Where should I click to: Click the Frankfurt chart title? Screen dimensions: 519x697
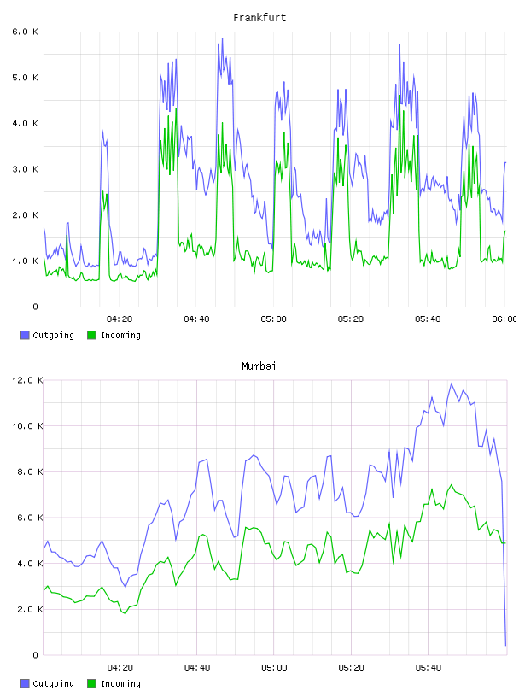click(x=259, y=18)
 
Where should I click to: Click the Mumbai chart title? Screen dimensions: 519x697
click(x=259, y=366)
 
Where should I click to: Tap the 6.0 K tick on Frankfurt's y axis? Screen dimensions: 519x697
click(x=26, y=32)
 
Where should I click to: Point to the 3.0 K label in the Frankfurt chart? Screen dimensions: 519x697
click(x=26, y=169)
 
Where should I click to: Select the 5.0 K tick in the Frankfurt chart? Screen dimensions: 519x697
click(x=26, y=78)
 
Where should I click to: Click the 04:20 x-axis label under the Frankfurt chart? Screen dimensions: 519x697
click(x=120, y=319)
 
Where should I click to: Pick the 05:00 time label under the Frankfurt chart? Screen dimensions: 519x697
click(x=274, y=319)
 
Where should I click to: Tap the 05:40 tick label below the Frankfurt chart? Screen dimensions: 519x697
click(x=428, y=319)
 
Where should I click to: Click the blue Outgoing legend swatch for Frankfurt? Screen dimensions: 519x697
click(x=25, y=335)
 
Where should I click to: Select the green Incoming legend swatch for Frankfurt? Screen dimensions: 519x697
click(x=91, y=335)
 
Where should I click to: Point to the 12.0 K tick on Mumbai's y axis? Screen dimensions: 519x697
click(x=27, y=380)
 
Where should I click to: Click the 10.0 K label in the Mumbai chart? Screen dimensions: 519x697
click(x=27, y=426)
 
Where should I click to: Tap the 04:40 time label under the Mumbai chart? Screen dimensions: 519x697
click(x=197, y=667)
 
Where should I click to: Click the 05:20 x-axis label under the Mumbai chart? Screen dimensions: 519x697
click(x=351, y=667)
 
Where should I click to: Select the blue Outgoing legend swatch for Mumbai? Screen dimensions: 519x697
click(x=25, y=683)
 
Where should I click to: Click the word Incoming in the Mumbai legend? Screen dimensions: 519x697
click(x=120, y=683)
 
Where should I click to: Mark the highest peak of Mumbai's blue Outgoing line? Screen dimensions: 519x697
click(x=452, y=384)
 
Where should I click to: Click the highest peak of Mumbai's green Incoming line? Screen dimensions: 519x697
click(x=452, y=485)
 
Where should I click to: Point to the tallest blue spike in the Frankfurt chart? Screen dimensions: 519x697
click(x=222, y=38)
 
